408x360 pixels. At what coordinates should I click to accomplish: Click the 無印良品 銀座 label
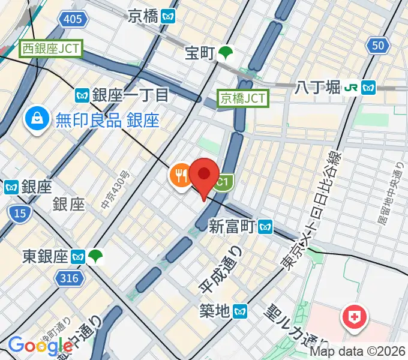(107, 121)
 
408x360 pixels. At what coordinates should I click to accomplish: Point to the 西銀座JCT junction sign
(51, 49)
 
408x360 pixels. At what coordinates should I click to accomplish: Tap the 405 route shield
(73, 20)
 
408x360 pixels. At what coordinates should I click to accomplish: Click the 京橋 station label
(145, 16)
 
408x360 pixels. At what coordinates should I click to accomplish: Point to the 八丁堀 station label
(318, 88)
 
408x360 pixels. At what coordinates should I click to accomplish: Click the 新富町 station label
(232, 226)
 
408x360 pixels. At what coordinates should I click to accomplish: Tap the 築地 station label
(214, 311)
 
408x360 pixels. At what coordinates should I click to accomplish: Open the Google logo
(40, 346)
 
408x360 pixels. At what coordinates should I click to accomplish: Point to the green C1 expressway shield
(222, 182)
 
